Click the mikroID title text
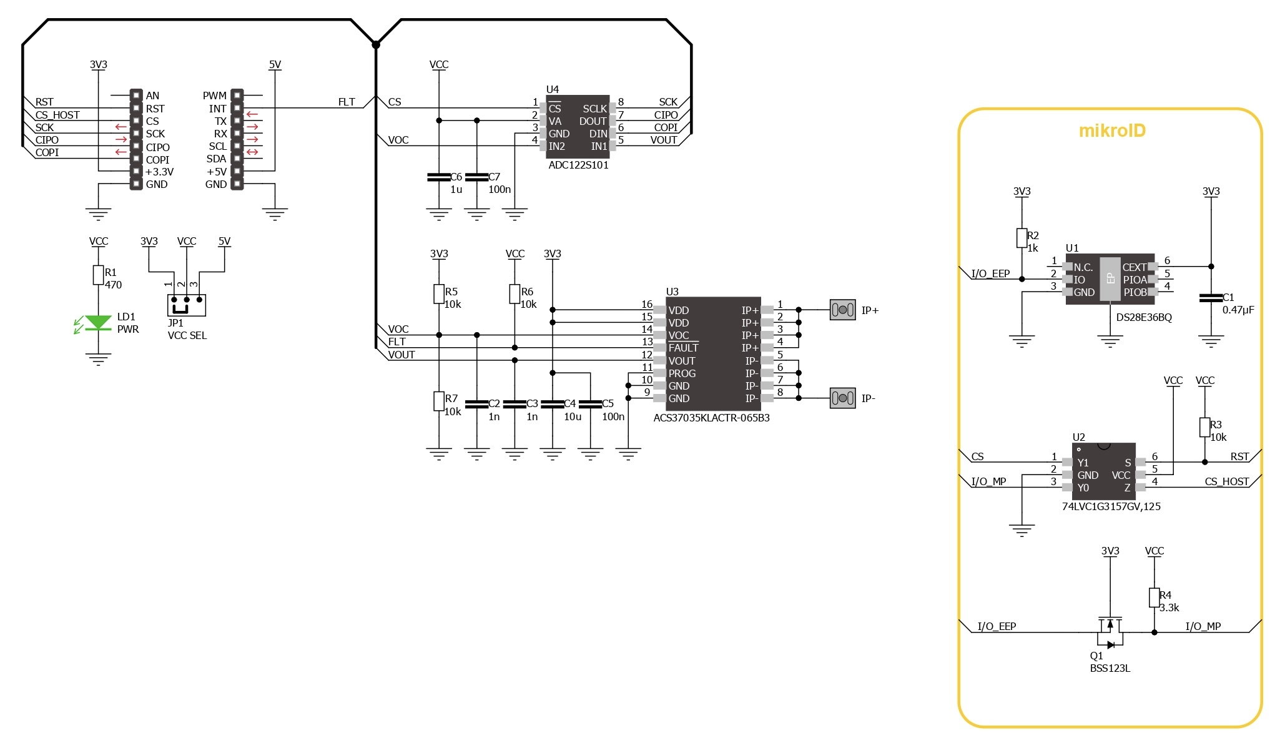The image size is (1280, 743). pyautogui.click(x=1112, y=130)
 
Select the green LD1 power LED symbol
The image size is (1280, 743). pyautogui.click(x=98, y=322)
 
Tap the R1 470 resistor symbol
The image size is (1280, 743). pyautogui.click(x=98, y=275)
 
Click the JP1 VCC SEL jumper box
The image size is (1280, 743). pyautogui.click(x=187, y=304)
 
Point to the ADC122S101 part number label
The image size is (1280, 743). pyautogui.click(x=578, y=165)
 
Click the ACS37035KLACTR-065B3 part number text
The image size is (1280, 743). pyautogui.click(x=711, y=418)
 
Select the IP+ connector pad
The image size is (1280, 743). pyautogui.click(x=842, y=310)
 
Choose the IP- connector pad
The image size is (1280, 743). pyautogui.click(x=842, y=398)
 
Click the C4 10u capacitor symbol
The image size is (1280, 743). pyautogui.click(x=553, y=404)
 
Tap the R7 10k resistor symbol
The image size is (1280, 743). pyautogui.click(x=439, y=401)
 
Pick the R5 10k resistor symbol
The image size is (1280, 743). pyautogui.click(x=439, y=294)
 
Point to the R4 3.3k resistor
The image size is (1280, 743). pyautogui.click(x=1154, y=598)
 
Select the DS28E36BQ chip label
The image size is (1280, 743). pyautogui.click(x=1144, y=317)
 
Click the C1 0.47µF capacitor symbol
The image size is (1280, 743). pyautogui.click(x=1211, y=298)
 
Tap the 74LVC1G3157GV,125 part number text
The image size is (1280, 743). pyautogui.click(x=1111, y=506)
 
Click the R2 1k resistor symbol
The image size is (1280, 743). pyautogui.click(x=1022, y=238)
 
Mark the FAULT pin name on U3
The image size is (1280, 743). pyautogui.click(x=683, y=348)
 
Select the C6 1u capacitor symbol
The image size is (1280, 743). pyautogui.click(x=439, y=177)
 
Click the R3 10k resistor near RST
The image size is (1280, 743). pyautogui.click(x=1204, y=427)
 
